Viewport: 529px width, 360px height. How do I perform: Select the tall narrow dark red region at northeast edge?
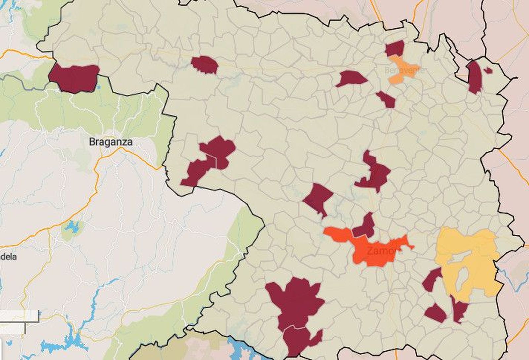coord(475,77)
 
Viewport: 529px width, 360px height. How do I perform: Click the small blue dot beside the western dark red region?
coord(99,87)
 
